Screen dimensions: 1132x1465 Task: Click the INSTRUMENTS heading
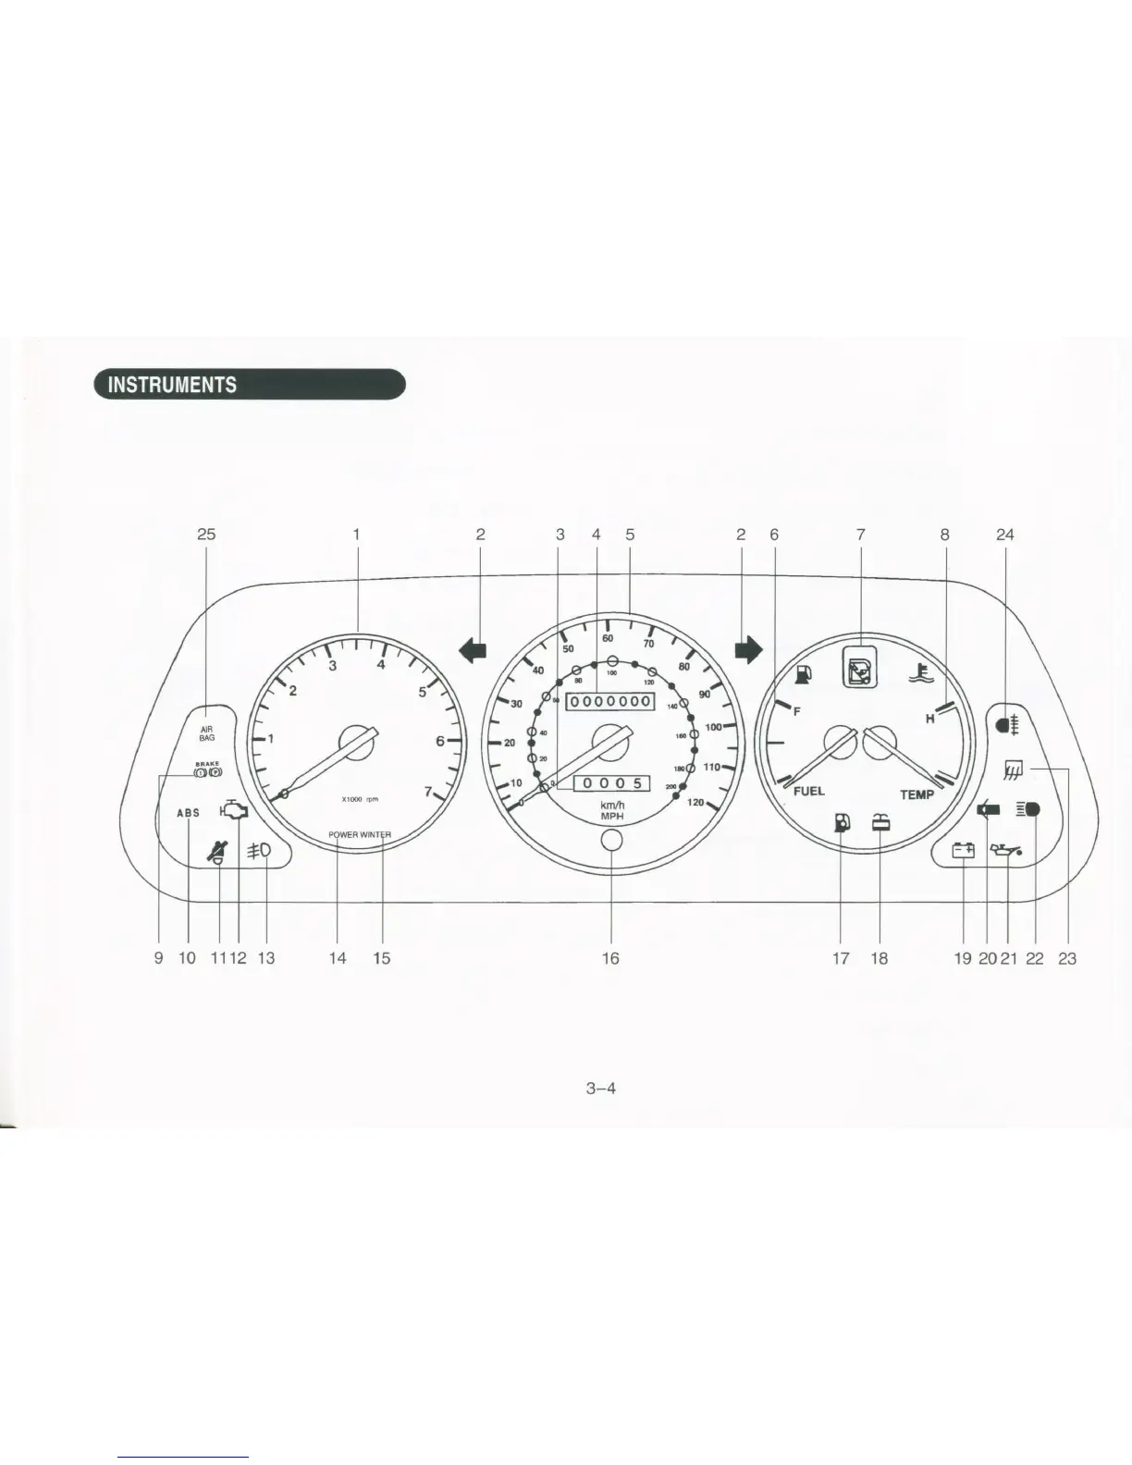tap(172, 385)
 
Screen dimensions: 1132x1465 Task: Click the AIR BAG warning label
tap(207, 733)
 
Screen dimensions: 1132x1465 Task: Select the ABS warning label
tap(188, 813)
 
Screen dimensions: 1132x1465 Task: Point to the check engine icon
tap(234, 811)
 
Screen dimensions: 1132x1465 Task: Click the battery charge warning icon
tap(964, 850)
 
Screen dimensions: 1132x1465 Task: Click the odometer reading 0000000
tap(610, 702)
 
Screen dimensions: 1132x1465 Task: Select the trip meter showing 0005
tap(612, 784)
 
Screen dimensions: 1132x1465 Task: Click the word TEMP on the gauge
tap(917, 794)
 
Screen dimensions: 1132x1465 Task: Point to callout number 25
tap(206, 535)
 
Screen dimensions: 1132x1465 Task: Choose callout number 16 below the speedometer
tap(610, 958)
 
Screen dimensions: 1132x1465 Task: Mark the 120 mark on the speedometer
tap(696, 803)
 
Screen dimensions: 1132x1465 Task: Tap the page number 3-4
tap(601, 1088)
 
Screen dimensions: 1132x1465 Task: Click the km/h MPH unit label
tap(612, 810)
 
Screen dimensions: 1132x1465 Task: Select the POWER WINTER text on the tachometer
tap(360, 835)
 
